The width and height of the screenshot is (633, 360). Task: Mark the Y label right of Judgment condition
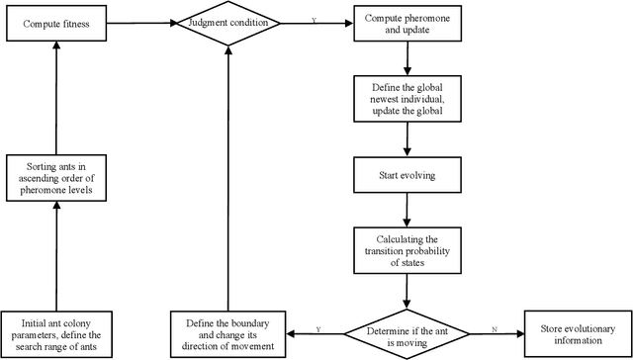313,19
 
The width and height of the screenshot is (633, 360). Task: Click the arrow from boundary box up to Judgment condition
227,178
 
